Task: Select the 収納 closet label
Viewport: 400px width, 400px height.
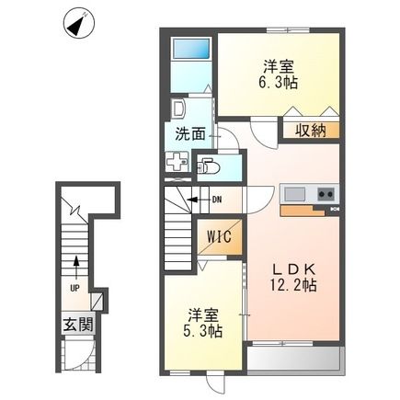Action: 308,131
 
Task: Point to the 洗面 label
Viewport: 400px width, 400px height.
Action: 189,132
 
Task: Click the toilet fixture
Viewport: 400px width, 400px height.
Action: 211,166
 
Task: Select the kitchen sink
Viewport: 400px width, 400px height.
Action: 296,194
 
